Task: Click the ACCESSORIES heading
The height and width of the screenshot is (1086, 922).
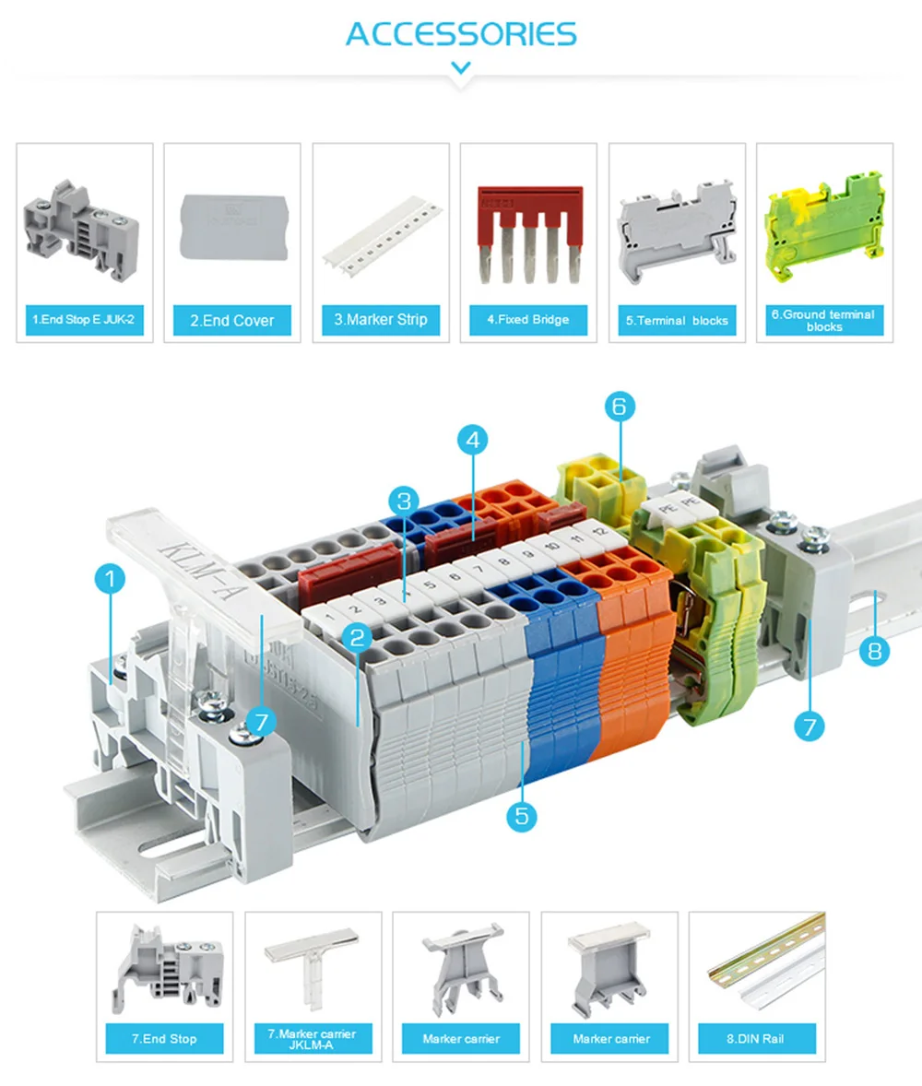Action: pyautogui.click(x=461, y=34)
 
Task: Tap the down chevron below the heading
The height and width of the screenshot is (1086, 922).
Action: pyautogui.click(x=461, y=67)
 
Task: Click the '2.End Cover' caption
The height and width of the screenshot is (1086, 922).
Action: pyautogui.click(x=232, y=320)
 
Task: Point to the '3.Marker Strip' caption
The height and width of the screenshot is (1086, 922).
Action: pyautogui.click(x=381, y=320)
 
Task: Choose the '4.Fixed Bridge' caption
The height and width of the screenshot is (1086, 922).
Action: pyautogui.click(x=528, y=319)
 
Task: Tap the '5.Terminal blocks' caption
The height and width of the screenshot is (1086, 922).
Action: pyautogui.click(x=677, y=320)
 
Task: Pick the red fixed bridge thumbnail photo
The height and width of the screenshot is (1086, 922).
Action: pyautogui.click(x=528, y=234)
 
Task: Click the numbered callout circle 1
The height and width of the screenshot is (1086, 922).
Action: pyautogui.click(x=110, y=580)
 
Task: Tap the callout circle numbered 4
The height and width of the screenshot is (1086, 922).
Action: pyautogui.click(x=472, y=441)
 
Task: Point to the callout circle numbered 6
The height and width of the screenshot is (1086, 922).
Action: pyautogui.click(x=620, y=406)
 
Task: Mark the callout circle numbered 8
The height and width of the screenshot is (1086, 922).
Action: pyautogui.click(x=874, y=651)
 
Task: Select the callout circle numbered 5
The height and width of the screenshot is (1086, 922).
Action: pyautogui.click(x=522, y=815)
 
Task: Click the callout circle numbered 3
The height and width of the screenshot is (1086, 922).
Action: pyautogui.click(x=403, y=502)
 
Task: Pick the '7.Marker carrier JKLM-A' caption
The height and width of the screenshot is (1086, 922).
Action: pyautogui.click(x=313, y=1038)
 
